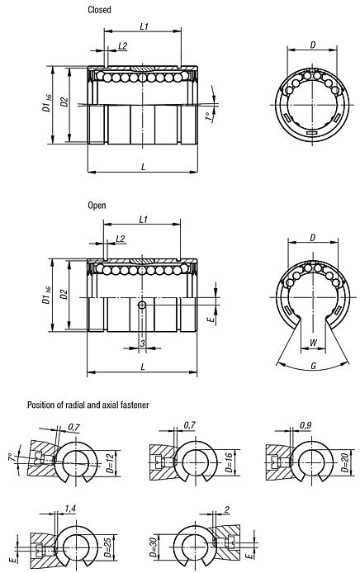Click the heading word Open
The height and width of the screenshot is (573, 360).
pyautogui.click(x=97, y=204)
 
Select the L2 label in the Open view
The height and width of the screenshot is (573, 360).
pyautogui.click(x=121, y=238)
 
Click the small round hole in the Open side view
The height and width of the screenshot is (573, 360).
pyautogui.click(x=143, y=306)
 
